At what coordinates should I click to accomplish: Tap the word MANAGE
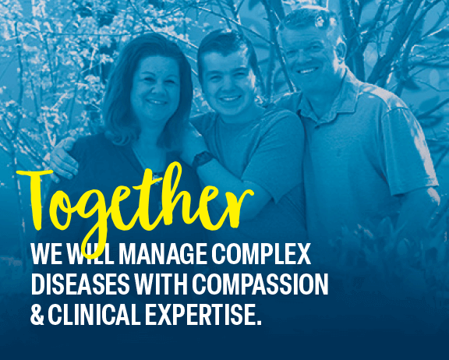[162, 254]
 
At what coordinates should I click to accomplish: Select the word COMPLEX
[261, 254]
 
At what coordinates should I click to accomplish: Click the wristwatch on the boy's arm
[203, 158]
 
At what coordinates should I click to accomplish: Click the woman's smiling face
[154, 88]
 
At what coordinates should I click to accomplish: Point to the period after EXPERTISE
[259, 323]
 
